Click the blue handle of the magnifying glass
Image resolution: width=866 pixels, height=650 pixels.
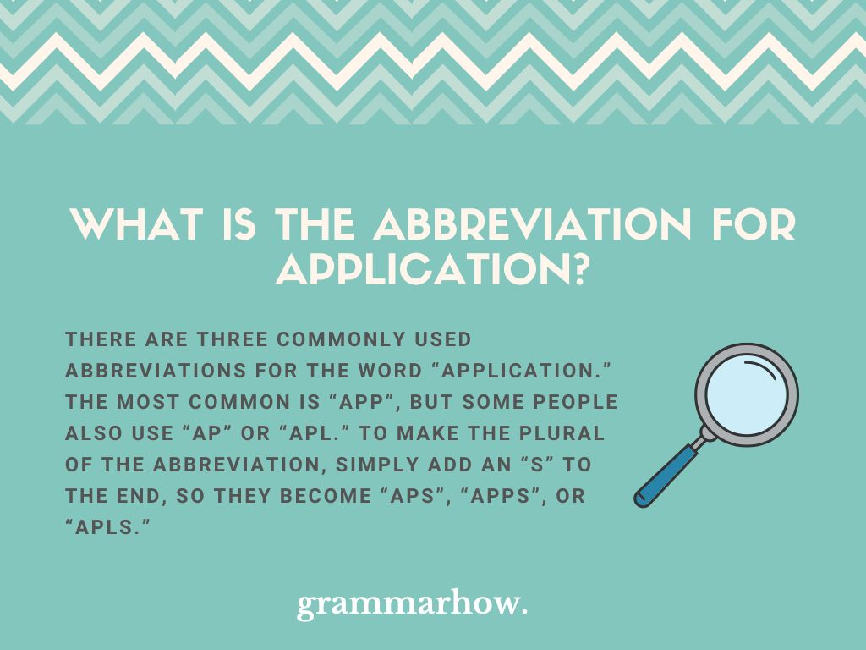click(666, 475)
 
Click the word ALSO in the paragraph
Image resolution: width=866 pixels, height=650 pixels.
click(93, 433)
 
